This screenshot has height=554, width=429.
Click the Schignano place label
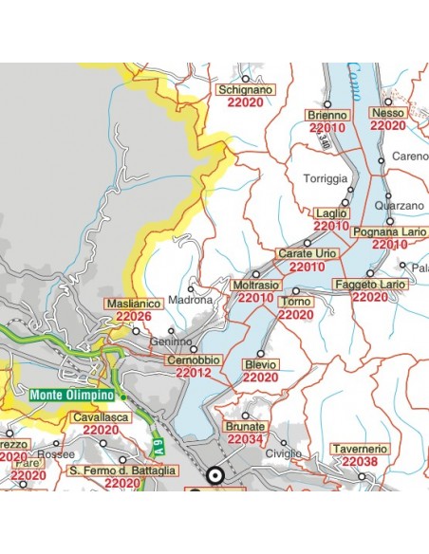246,90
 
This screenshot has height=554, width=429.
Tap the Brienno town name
327,115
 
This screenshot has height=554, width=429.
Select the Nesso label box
389,112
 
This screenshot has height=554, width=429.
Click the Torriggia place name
326,178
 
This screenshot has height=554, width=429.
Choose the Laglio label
330,213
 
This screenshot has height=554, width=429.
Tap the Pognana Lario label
380,231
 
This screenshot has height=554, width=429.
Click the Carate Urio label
307,254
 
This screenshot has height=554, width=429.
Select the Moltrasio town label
255,285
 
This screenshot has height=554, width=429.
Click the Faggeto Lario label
370,285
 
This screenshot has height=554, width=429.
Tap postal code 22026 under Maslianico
134,317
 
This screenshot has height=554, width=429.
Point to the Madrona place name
190,300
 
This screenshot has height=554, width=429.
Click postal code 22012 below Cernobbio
194,373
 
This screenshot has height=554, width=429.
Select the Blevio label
260,364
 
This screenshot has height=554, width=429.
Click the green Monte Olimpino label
72,395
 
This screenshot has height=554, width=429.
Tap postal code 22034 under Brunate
245,440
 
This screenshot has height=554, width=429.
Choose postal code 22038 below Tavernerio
360,461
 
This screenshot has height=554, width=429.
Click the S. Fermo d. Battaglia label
123,470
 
